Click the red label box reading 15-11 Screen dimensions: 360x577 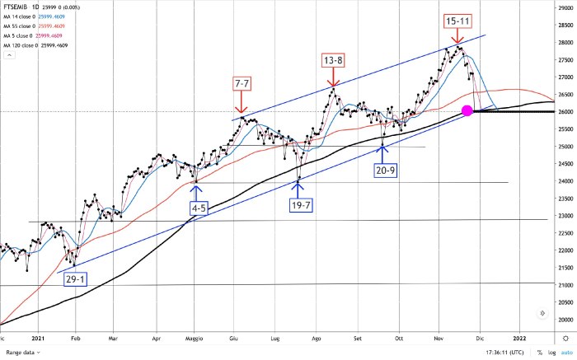458,20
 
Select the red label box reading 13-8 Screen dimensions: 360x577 333,61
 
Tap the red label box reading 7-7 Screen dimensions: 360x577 242,85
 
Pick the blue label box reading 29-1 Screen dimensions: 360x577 75,278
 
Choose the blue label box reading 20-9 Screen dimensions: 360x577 384,171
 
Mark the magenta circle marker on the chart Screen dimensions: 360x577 467,110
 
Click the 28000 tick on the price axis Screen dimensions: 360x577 565,42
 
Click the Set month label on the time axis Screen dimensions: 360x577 359,338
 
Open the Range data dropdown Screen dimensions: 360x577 21,353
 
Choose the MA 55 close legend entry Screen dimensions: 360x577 30,26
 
